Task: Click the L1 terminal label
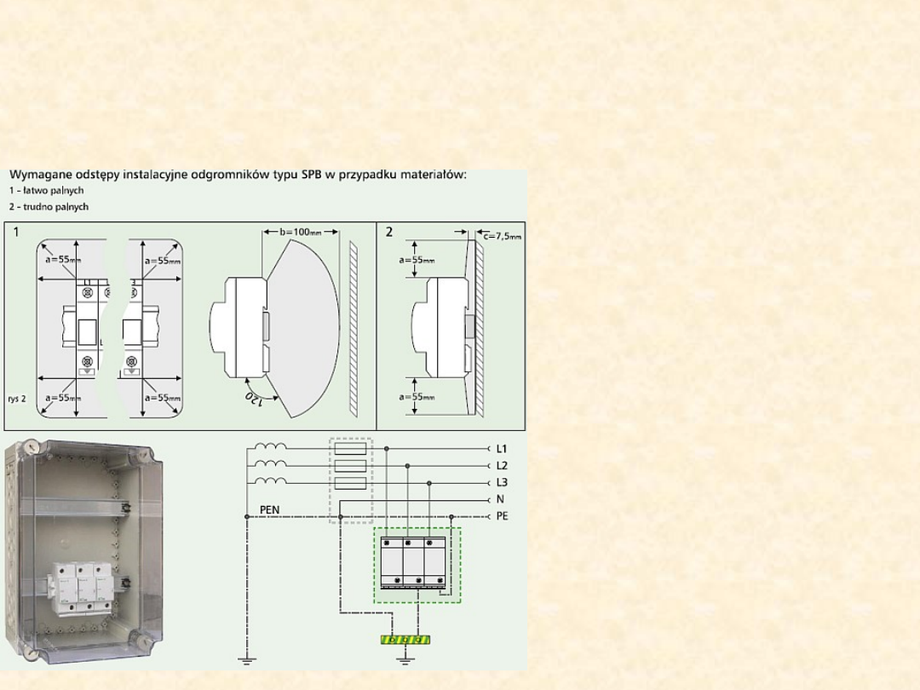click(x=501, y=449)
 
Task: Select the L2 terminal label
click(x=502, y=466)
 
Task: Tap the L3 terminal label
click(x=502, y=483)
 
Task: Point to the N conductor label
click(x=500, y=499)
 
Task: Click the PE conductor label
click(x=503, y=516)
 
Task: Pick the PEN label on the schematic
click(x=269, y=510)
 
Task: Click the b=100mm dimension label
click(x=301, y=232)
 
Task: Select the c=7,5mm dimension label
click(x=503, y=236)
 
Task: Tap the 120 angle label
click(x=254, y=399)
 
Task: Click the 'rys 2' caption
click(x=17, y=399)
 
